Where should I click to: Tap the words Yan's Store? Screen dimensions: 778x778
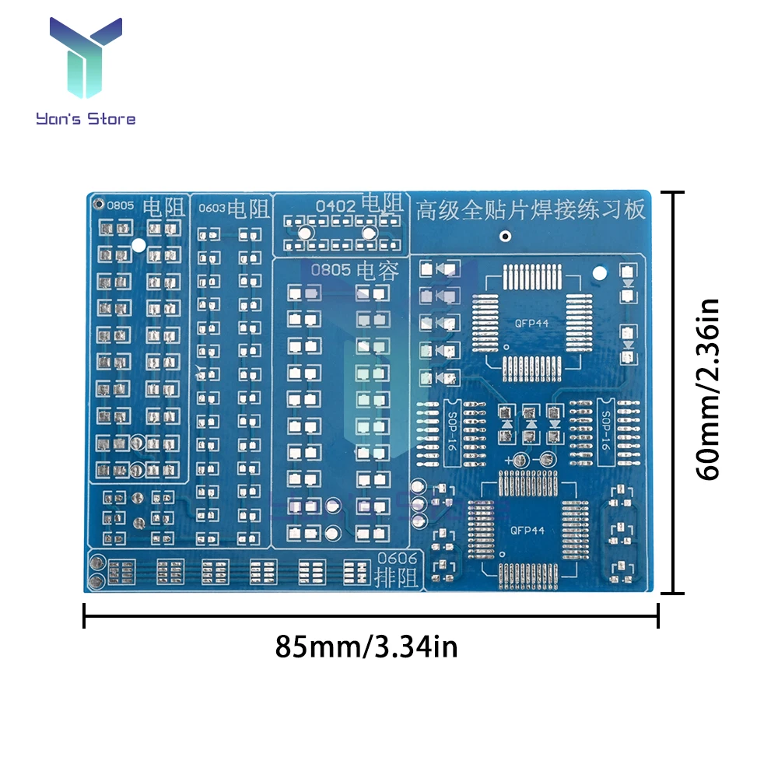point(86,118)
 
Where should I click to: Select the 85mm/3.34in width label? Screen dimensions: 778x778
point(366,647)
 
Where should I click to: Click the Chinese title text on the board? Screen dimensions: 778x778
point(531,209)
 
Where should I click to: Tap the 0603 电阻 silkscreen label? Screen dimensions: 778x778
point(233,208)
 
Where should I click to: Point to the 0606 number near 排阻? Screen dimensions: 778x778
point(397,559)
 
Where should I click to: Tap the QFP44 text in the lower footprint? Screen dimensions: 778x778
point(527,531)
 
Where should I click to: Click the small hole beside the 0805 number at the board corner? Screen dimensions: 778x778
point(98,205)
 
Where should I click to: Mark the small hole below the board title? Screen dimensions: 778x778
point(505,236)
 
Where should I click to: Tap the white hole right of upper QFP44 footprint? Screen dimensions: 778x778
point(599,273)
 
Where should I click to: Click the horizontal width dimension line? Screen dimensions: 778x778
point(371,619)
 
